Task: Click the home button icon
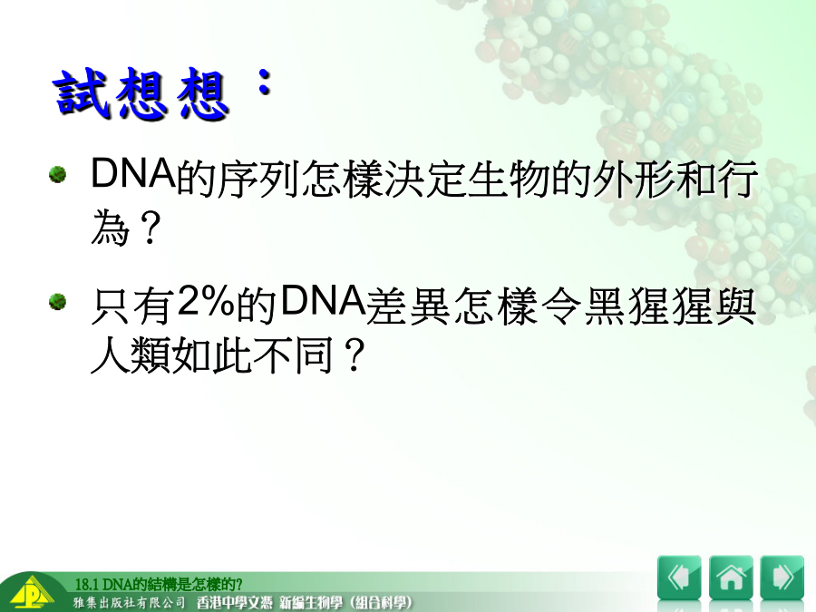[731, 578]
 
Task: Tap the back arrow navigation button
[679, 578]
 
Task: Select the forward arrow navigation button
[782, 578]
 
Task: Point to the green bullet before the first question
[57, 174]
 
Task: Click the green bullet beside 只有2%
[57, 302]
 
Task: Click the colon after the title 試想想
[265, 82]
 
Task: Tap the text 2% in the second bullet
[206, 301]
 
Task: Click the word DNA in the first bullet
[133, 173]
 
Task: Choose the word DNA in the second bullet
[323, 301]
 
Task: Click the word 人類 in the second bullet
[130, 355]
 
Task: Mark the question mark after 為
[150, 228]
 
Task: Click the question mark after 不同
[354, 356]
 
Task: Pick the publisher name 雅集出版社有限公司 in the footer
[129, 603]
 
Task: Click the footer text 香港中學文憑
[234, 603]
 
